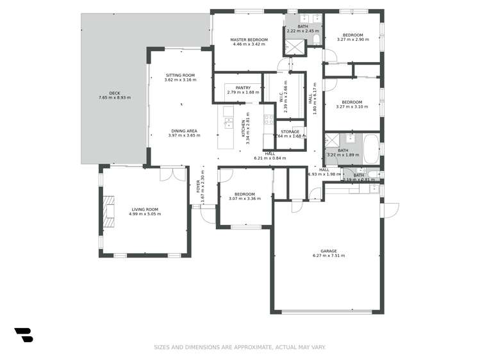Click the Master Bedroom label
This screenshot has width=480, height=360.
[x=249, y=40]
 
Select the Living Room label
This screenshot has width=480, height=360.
[x=145, y=209]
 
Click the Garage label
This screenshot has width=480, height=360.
[x=329, y=251]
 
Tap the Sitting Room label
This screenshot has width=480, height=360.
[x=179, y=75]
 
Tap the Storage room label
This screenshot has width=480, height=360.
[x=290, y=131]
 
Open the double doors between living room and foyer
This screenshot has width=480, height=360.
[x=170, y=174]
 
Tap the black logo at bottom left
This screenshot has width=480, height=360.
[x=23, y=334]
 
